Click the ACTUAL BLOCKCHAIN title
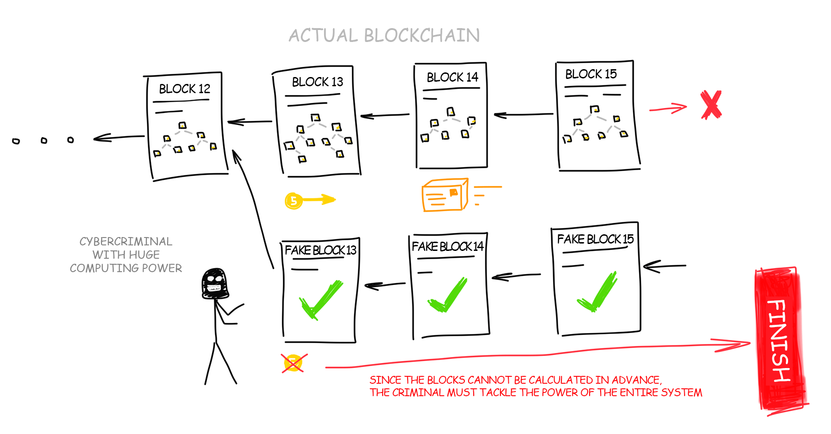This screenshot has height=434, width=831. pyautogui.click(x=384, y=36)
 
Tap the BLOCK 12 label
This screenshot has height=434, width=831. pyautogui.click(x=184, y=89)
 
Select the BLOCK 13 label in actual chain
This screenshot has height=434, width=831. pyautogui.click(x=317, y=82)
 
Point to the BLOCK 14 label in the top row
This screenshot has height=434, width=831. pyautogui.click(x=452, y=77)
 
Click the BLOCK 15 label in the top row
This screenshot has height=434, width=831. pyautogui.click(x=590, y=74)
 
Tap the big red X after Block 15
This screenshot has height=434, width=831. pyautogui.click(x=711, y=105)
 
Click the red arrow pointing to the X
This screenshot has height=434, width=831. pyautogui.click(x=668, y=109)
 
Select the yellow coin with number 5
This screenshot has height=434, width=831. pyautogui.click(x=294, y=201)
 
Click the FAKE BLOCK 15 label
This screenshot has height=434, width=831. pyautogui.click(x=595, y=239)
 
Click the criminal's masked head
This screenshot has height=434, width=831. pyautogui.click(x=214, y=284)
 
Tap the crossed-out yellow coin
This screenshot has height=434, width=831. pyautogui.click(x=294, y=363)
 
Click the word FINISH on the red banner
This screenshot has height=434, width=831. pyautogui.click(x=778, y=340)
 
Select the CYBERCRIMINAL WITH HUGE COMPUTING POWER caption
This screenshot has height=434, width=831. pyautogui.click(x=126, y=255)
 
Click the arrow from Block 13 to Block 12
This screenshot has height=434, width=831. pyautogui.click(x=249, y=122)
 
